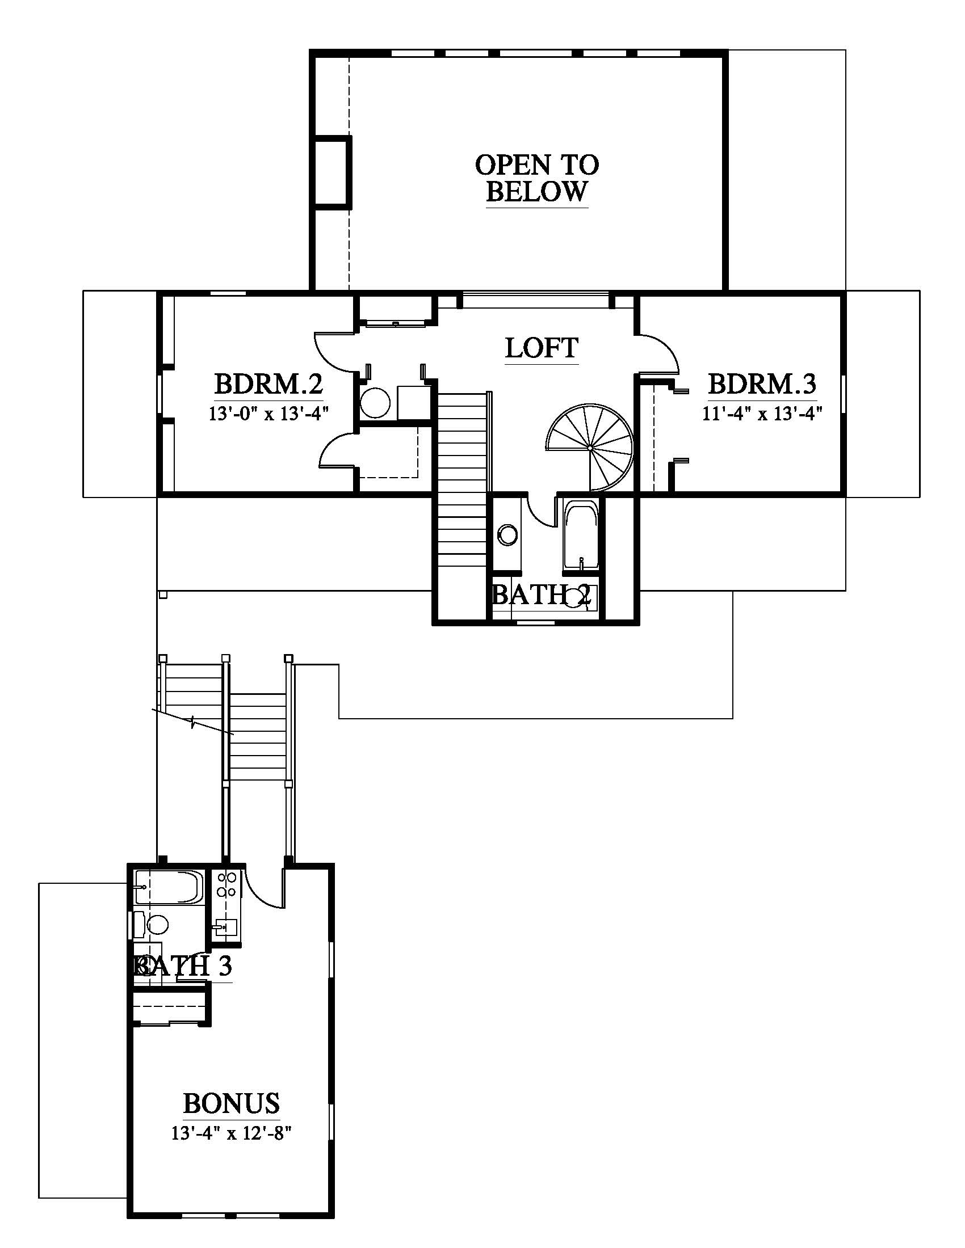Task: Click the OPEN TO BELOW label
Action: [x=537, y=178]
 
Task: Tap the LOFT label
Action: [x=542, y=347]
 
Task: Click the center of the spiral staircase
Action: [x=589, y=448]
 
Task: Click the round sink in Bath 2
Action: [x=507, y=535]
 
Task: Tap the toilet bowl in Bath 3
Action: [x=157, y=924]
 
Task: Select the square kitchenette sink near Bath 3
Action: [x=226, y=925]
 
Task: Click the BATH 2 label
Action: [x=542, y=596]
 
